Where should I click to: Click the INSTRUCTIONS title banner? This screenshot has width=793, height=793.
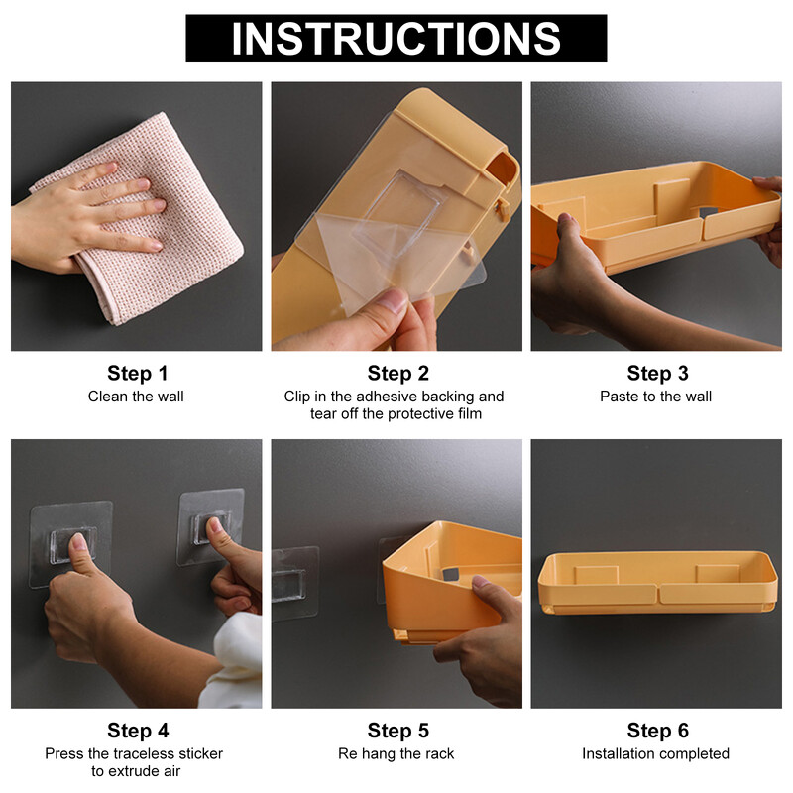(x=396, y=39)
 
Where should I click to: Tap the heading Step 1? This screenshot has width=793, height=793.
(x=137, y=374)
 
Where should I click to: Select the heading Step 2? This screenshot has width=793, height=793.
(x=398, y=374)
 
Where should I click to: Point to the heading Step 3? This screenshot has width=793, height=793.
(x=657, y=374)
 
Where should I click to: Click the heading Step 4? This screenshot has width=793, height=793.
(x=138, y=731)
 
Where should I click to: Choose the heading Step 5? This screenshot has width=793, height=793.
(x=398, y=731)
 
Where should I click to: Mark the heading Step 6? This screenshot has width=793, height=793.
(x=657, y=731)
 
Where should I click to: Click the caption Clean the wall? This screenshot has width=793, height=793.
(x=136, y=396)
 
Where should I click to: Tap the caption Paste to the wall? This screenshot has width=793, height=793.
(x=655, y=396)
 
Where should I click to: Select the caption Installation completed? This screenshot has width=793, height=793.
(x=655, y=753)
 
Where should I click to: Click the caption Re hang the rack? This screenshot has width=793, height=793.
(x=396, y=753)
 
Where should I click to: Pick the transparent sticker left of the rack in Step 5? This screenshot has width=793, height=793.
(x=294, y=583)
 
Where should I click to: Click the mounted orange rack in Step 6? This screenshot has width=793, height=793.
(x=657, y=583)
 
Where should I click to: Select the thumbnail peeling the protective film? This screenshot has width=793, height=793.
(x=391, y=301)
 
